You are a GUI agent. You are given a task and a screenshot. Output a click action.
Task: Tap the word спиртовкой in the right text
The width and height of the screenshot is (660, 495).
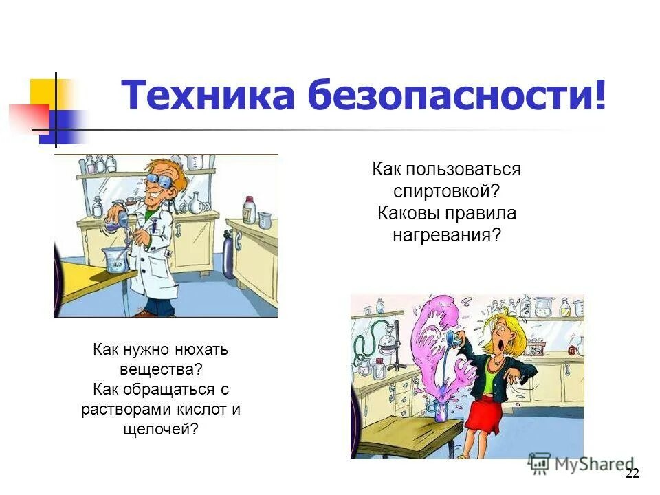446,191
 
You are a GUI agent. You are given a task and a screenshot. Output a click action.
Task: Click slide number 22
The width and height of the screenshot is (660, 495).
632,473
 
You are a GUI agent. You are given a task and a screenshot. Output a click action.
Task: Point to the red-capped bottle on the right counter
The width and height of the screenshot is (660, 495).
248,208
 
